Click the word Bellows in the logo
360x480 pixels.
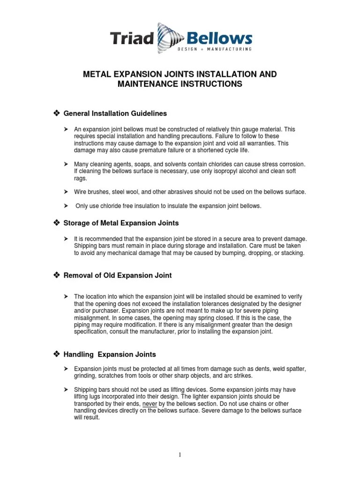pos(220,37)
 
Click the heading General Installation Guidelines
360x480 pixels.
pos(115,113)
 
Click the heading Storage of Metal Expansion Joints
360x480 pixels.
pos(121,223)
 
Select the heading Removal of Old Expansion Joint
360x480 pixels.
pos(117,276)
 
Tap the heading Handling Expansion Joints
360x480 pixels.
pos(110,354)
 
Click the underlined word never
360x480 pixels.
pos(150,404)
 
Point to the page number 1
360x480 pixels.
pos(180,455)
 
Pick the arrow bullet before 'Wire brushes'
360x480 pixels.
pos(66,192)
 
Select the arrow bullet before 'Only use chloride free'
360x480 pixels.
pos(66,206)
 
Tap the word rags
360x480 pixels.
pos(80,178)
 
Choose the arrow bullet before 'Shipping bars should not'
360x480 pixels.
pos(66,390)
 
